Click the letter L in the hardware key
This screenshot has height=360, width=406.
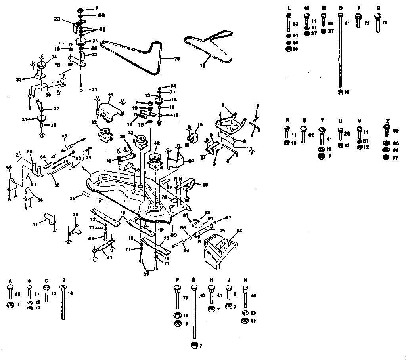pyautogui.click(x=289, y=8)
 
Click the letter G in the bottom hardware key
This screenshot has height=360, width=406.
pyautogui.click(x=193, y=280)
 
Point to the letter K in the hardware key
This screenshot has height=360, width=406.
pyautogui.click(x=246, y=280)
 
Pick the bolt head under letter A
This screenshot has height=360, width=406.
pyautogui.click(x=11, y=287)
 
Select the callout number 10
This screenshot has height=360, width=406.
pyautogui.click(x=200, y=125)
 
